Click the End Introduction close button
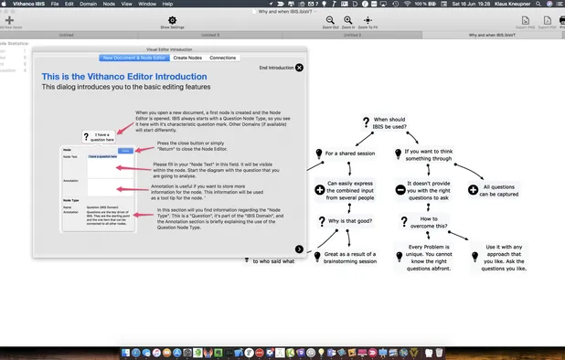[299, 68]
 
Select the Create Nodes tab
[187, 58]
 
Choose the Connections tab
[222, 58]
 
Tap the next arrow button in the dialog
[299, 249]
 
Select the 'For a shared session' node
[349, 154]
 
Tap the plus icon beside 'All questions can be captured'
[473, 190]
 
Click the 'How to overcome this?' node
[434, 220]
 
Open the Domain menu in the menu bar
[88, 5]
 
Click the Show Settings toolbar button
[172, 22]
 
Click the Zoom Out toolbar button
[330, 22]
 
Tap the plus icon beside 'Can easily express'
[320, 190]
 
